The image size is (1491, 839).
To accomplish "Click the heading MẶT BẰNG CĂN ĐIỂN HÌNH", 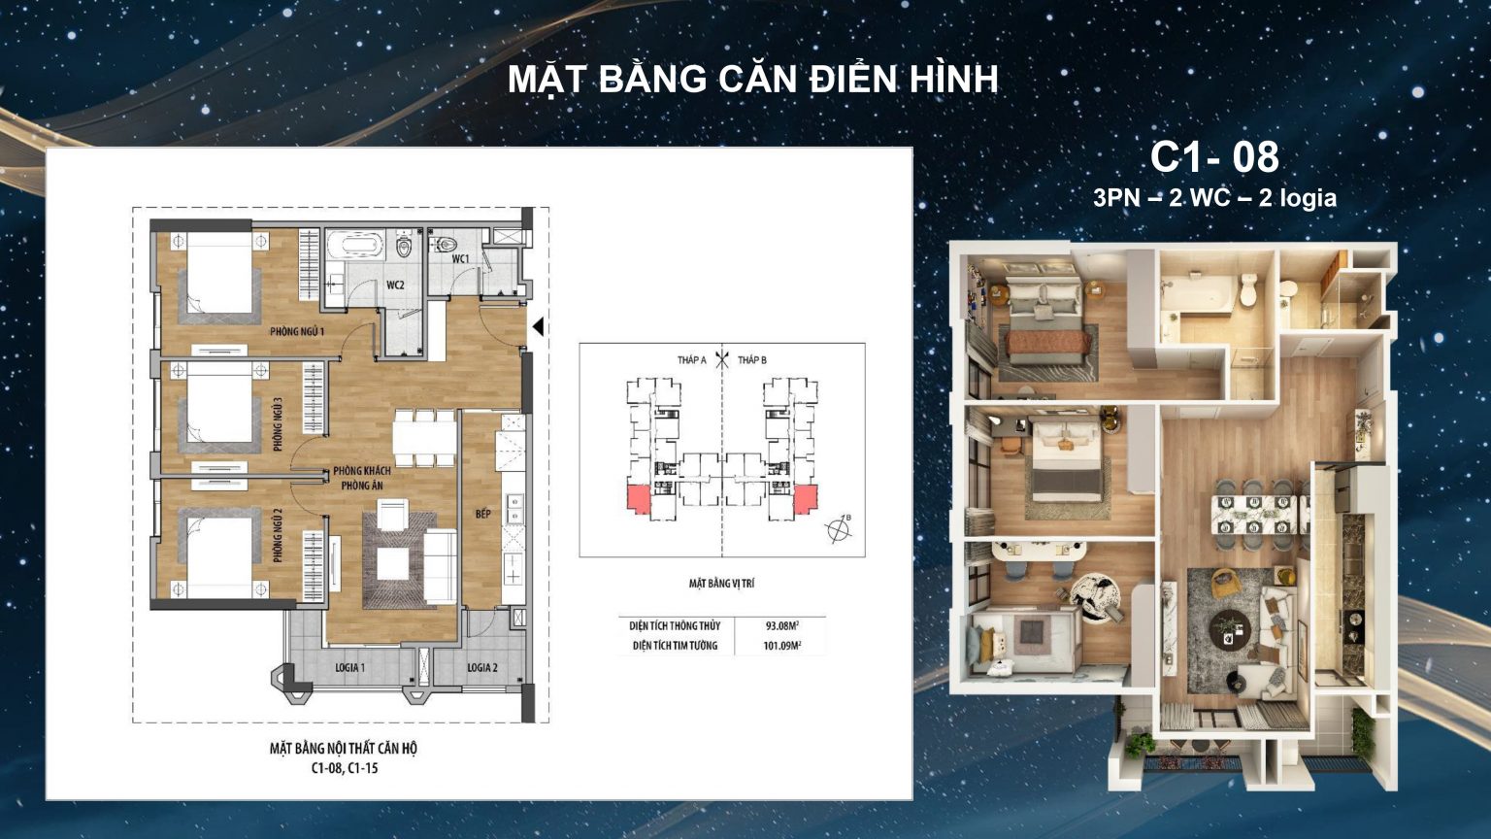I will coord(753,80).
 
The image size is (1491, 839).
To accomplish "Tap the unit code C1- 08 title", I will coord(1214,156).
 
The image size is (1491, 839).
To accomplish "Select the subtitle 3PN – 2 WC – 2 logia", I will coord(1214,198).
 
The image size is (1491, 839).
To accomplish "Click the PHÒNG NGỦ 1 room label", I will coord(297,332).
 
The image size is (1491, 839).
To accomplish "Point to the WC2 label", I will coord(395,285).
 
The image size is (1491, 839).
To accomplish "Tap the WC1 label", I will coord(460,259).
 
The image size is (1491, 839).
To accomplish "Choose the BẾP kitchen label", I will coord(482,513).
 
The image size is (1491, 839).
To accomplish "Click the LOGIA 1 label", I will coord(349,668).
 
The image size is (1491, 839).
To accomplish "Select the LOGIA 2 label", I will coord(482,668).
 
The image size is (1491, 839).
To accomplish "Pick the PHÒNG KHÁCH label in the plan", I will coord(362,471).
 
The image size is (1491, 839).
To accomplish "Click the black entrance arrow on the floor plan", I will coord(537,329).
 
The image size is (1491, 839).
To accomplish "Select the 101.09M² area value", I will coord(782,646).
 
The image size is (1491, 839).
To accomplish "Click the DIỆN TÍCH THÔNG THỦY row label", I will coord(675,626).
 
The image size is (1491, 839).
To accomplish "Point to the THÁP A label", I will coord(691,360).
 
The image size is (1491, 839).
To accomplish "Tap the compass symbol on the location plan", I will coord(837,529).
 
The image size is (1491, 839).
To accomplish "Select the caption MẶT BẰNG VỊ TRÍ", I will coord(721,584).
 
